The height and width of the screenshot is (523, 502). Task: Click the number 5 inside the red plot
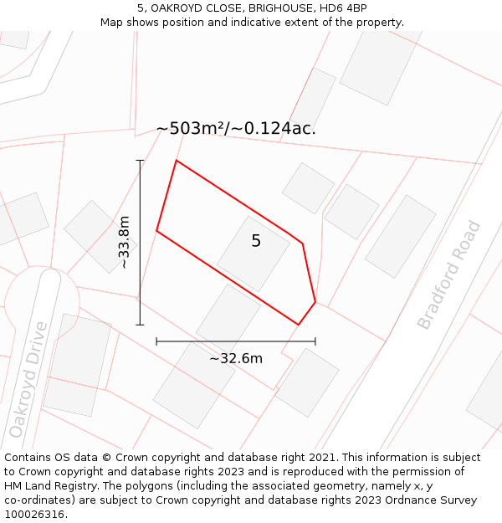coord(256,241)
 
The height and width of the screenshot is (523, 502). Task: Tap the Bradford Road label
coord(449,274)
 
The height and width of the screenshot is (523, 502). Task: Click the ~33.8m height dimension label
coord(124,243)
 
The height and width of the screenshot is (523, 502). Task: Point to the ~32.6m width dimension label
coord(236,359)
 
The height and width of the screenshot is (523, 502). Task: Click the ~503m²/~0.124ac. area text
coord(236,129)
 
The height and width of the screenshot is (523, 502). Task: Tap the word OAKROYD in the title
coord(179,8)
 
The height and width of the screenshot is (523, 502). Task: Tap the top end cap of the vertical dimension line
coord(140,160)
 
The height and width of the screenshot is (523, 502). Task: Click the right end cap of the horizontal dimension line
coord(315,341)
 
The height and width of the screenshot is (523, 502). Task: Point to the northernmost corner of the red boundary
coord(176,160)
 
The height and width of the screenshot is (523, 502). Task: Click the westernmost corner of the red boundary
coord(156,231)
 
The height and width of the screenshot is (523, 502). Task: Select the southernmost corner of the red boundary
coord(298,325)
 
